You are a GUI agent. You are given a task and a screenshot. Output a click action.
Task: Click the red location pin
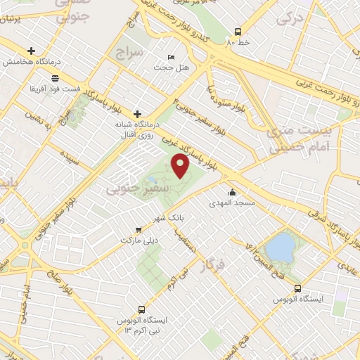point(181,166)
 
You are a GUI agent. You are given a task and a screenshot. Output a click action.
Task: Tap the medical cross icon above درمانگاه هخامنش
point(31,51)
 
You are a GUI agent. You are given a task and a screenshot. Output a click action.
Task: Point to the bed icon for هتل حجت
point(172,57)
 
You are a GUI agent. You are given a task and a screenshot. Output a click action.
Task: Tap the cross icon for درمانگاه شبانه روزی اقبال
point(138,113)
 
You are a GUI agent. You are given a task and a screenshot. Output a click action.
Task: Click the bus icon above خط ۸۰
point(238,32)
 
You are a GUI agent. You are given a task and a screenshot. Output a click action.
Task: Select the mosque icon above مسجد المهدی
point(231,192)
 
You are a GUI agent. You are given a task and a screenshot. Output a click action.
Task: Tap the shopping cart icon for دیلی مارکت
point(139,229)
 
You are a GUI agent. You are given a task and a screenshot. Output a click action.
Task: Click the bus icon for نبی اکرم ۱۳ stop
point(143,309)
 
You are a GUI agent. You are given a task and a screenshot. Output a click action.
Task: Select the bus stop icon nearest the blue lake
point(298,288)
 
